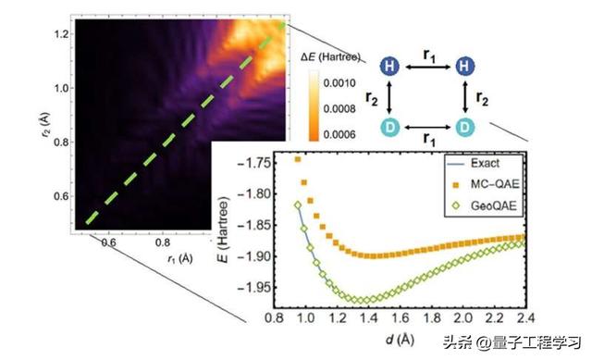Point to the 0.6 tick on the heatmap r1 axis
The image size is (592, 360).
[x=109, y=243]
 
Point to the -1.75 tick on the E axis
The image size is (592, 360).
[x=262, y=163]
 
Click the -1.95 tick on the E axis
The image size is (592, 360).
[x=262, y=287]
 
